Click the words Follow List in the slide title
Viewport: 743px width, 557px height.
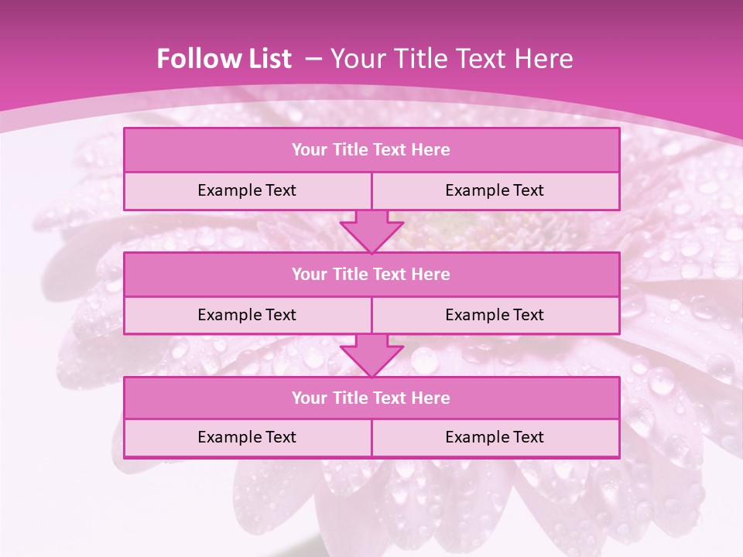click(224, 59)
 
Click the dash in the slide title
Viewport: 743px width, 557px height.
click(313, 59)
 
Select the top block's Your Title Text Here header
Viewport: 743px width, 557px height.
click(371, 150)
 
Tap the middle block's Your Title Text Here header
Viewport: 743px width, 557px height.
click(371, 274)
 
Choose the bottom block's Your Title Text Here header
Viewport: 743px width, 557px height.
click(371, 398)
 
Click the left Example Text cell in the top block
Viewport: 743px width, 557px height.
click(247, 190)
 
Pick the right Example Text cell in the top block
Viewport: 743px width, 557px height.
click(495, 190)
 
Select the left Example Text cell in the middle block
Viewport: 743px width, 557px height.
click(247, 315)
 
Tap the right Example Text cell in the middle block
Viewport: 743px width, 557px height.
click(495, 315)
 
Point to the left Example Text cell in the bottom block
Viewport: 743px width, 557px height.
click(247, 437)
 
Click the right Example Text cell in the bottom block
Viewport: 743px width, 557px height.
click(495, 437)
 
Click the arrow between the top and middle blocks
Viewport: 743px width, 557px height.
click(371, 231)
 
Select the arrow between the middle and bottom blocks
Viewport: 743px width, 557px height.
click(371, 356)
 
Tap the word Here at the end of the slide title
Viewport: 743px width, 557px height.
click(546, 59)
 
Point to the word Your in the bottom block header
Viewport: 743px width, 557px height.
click(310, 398)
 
